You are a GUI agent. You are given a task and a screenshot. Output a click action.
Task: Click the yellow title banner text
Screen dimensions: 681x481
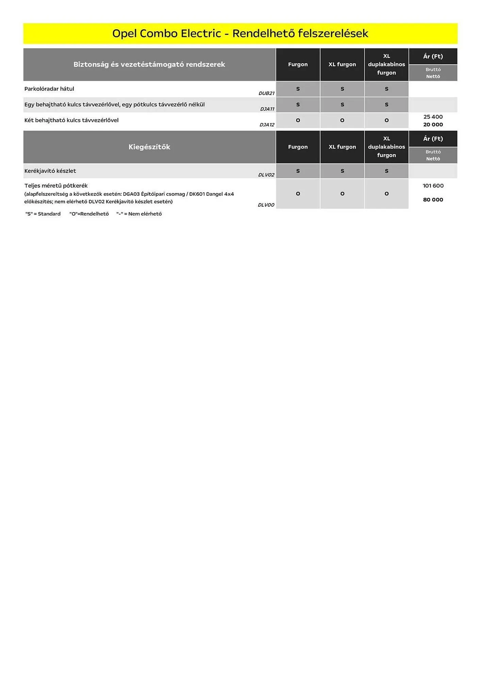click(x=240, y=33)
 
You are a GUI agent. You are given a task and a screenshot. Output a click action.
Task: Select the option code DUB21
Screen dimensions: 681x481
click(x=266, y=93)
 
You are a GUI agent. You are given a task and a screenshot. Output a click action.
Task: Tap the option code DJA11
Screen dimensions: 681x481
click(x=267, y=109)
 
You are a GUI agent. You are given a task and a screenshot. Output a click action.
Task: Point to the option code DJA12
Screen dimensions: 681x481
click(x=267, y=125)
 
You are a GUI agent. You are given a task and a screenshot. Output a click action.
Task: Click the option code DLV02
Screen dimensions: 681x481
click(x=266, y=175)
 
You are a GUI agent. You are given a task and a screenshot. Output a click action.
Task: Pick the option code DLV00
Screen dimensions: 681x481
click(x=266, y=205)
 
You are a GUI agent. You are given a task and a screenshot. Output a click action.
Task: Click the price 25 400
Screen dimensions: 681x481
click(x=433, y=117)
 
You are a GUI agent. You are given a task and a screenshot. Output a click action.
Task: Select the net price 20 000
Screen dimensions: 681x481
click(x=433, y=125)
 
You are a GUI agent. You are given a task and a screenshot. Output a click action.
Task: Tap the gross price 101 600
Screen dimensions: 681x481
click(x=433, y=186)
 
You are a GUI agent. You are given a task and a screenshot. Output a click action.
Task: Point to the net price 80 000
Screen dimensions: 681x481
click(x=433, y=200)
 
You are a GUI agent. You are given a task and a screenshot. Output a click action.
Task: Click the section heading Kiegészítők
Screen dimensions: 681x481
click(x=149, y=147)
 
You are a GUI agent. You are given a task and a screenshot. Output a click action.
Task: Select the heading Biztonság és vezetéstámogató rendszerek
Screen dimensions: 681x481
click(x=149, y=64)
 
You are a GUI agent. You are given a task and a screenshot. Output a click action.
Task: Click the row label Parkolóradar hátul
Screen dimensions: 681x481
click(x=49, y=89)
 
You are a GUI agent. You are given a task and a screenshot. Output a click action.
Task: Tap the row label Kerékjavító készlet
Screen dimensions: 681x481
click(x=50, y=171)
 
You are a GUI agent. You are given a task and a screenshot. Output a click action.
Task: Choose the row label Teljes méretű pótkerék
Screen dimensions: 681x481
click(x=56, y=186)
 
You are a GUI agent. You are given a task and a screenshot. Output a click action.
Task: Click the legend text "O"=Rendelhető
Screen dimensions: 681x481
click(x=89, y=214)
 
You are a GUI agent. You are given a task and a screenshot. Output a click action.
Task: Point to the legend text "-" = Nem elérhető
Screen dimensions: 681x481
click(x=139, y=214)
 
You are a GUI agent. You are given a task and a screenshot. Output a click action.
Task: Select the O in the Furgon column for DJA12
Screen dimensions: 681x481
click(x=298, y=120)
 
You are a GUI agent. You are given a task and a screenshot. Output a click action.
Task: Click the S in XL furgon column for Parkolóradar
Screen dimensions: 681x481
click(x=342, y=89)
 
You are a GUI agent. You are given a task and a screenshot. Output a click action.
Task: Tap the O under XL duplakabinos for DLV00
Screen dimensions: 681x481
click(x=386, y=194)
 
